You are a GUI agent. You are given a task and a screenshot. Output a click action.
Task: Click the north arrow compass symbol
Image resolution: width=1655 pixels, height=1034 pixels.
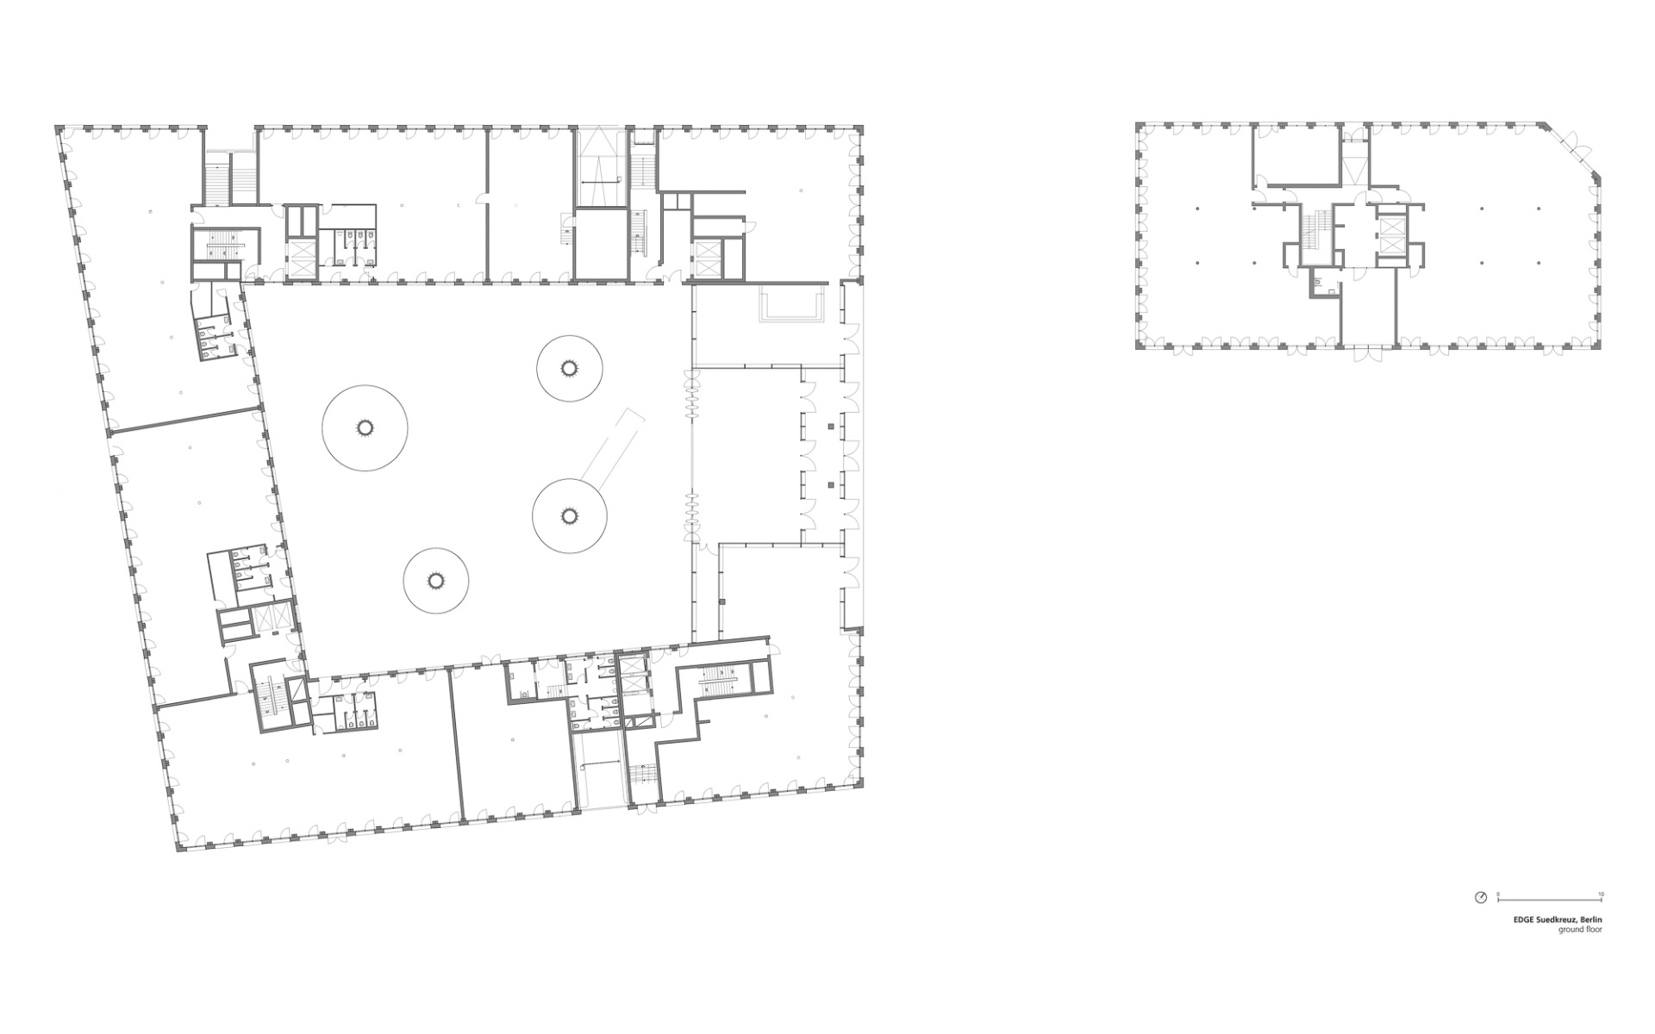tap(1480, 898)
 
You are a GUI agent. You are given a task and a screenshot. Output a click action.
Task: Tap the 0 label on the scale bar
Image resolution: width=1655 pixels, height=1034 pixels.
tap(1498, 894)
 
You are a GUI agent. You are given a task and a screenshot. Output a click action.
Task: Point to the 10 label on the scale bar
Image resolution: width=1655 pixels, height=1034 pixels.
tap(1601, 894)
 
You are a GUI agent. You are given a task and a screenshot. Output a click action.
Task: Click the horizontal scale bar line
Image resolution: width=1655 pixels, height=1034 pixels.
tap(1550, 900)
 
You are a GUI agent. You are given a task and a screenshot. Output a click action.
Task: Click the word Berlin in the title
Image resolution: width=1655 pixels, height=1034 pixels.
tap(1592, 920)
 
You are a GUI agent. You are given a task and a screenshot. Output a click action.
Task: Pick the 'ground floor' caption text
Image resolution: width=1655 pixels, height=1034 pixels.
tap(1580, 931)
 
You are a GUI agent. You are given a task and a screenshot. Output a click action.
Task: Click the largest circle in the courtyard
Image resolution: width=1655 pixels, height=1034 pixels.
tap(365, 427)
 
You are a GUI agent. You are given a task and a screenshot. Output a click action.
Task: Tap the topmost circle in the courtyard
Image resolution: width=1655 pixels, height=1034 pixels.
tap(568, 368)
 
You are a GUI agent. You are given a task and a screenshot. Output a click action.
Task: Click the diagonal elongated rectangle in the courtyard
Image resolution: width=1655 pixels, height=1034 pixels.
tap(612, 445)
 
